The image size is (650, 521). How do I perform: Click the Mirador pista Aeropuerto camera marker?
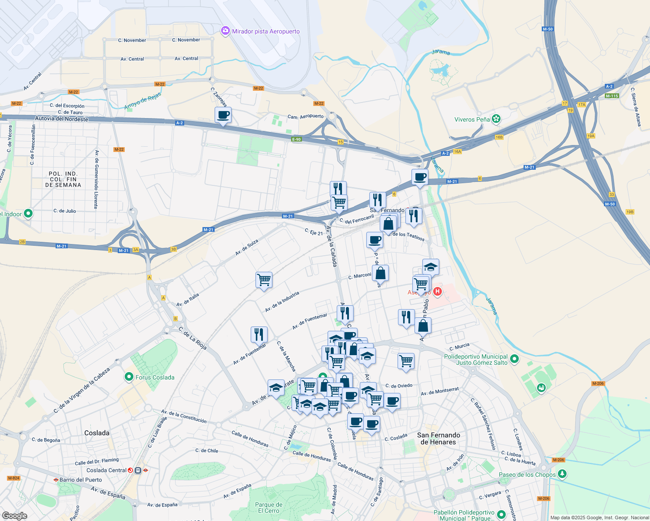[225, 31]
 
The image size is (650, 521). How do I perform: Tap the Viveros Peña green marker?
[496, 119]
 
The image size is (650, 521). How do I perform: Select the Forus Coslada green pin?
[129, 377]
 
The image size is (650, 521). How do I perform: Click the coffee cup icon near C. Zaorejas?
[223, 115]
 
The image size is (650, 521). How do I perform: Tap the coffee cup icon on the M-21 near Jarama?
[420, 177]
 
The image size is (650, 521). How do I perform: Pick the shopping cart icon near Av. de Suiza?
[264, 280]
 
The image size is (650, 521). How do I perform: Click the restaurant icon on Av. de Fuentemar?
[259, 334]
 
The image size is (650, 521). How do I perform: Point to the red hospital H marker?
[438, 292]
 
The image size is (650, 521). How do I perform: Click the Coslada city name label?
[97, 433]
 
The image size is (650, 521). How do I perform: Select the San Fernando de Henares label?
[438, 439]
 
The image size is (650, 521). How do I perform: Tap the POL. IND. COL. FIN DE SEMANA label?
[63, 179]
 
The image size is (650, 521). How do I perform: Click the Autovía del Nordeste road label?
[61, 119]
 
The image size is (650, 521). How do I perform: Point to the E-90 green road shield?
[296, 139]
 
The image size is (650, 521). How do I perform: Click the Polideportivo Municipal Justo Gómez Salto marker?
[514, 359]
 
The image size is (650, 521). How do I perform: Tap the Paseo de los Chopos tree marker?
[562, 474]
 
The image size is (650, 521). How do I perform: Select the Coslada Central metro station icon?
[138, 470]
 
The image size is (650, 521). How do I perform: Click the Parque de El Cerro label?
[269, 508]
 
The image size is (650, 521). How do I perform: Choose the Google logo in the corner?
[14, 515]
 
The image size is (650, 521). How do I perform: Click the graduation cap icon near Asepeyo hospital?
[431, 267]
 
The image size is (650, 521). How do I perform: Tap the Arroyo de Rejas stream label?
[143, 101]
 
